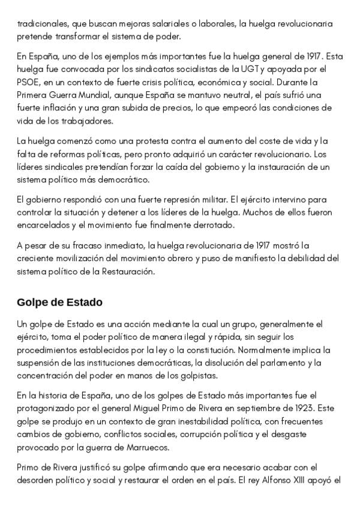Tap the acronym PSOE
coord(27,82)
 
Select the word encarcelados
coord(43,224)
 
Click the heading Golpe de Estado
coord(59,301)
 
